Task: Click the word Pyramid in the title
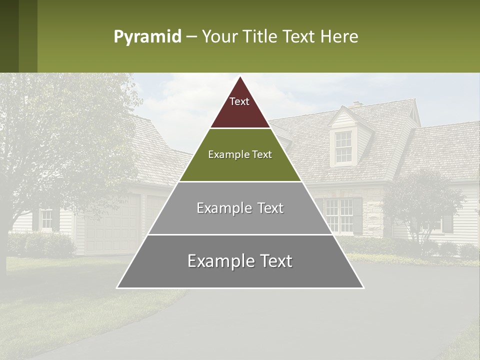pyautogui.click(x=147, y=37)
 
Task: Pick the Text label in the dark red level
pyautogui.click(x=239, y=101)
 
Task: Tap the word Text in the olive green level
pyautogui.click(x=261, y=155)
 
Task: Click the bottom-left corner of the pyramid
pyautogui.click(x=117, y=287)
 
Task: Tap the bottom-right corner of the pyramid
pyautogui.click(x=363, y=287)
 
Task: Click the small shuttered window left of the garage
pyautogui.click(x=46, y=219)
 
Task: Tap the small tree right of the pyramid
pyautogui.click(x=422, y=205)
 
